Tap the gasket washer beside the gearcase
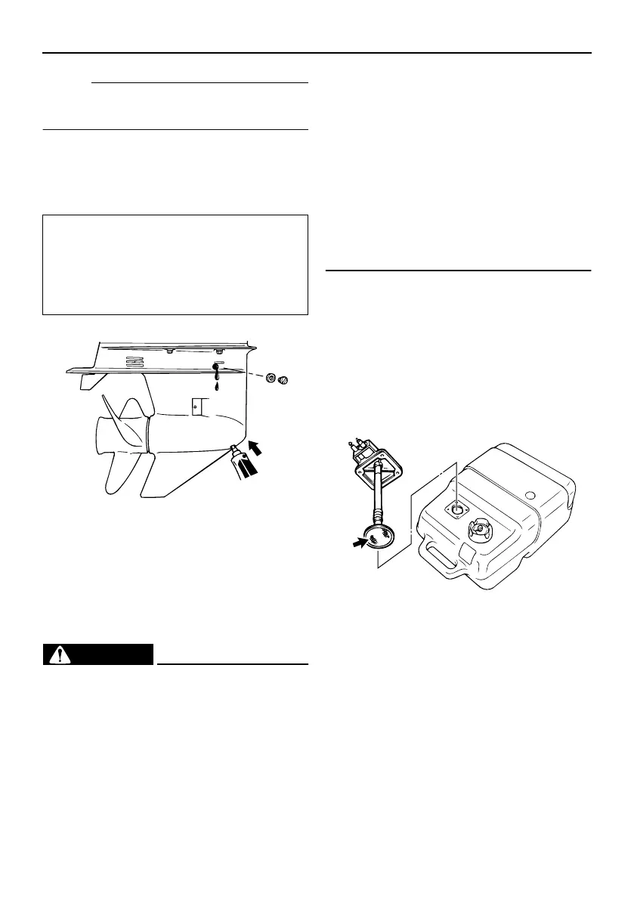point(269,378)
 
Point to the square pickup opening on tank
point(456,510)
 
